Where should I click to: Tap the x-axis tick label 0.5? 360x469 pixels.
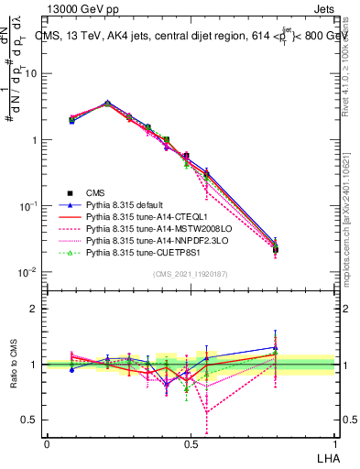pyautogui.click(x=190, y=443)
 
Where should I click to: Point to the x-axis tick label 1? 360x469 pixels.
pyautogui.click(x=333, y=443)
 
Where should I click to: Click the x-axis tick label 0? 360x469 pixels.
pyautogui.click(x=47, y=443)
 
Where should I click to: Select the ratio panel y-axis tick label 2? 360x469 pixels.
pyautogui.click(x=34, y=309)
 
